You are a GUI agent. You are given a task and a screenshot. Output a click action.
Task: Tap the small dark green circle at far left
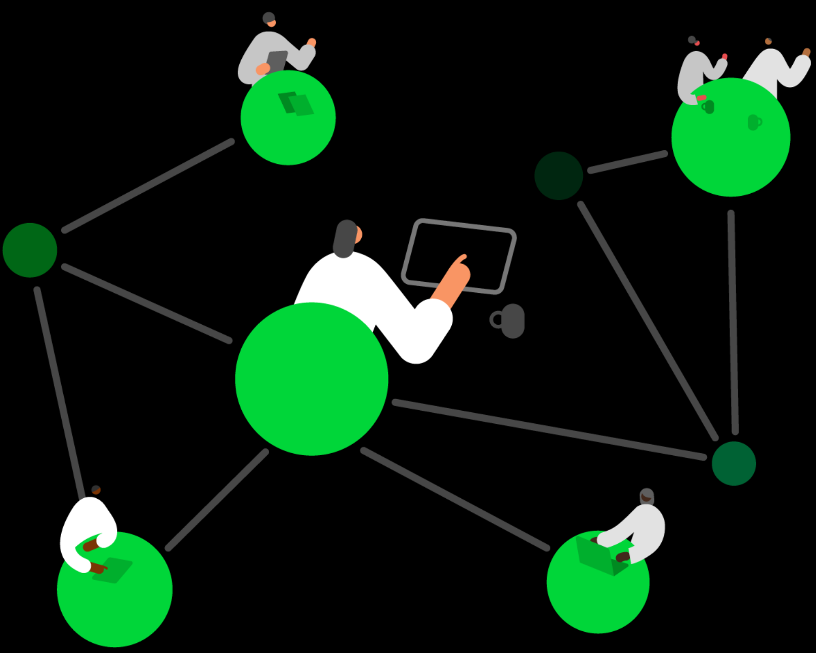30,250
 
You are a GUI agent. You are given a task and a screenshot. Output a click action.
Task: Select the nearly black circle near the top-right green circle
559,176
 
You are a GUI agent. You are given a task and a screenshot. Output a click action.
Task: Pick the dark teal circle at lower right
734,463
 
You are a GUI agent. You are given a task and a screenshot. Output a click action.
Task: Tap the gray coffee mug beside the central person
511,321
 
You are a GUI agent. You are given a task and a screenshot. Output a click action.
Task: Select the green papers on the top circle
296,104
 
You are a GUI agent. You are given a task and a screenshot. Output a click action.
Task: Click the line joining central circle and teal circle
549,430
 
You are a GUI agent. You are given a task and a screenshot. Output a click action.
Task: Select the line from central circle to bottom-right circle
455,499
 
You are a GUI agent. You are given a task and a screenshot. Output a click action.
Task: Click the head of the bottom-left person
96,490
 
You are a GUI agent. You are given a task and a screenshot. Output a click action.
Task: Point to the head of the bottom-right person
647,496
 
